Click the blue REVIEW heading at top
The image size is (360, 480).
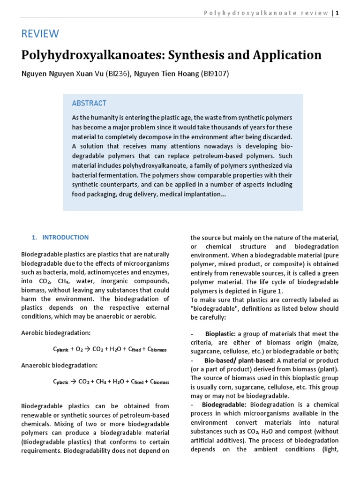click(40, 34)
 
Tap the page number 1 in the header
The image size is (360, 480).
click(337, 13)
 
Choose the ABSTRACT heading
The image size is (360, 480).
click(89, 103)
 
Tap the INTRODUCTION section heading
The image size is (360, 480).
click(65, 238)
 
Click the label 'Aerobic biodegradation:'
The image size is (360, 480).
click(56, 333)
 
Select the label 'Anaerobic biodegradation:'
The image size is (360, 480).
click(59, 365)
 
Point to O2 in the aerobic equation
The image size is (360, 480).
click(80, 349)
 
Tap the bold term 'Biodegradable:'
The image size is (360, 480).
click(225, 405)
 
